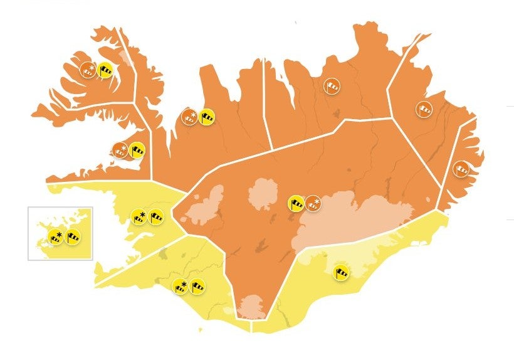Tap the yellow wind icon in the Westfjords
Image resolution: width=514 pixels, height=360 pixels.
click(107, 72)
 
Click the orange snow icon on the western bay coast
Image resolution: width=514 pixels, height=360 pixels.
click(119, 150)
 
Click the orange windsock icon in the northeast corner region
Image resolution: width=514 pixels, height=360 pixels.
click(424, 110)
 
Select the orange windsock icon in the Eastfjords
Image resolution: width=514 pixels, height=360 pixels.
click(461, 169)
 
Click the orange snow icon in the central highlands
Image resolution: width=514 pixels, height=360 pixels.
click(313, 203)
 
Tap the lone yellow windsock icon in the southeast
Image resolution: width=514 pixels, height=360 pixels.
click(342, 272)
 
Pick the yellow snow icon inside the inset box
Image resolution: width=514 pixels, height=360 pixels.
click(55, 237)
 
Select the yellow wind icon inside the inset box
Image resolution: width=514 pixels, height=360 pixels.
click(73, 237)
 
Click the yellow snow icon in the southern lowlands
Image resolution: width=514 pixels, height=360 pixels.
click(180, 287)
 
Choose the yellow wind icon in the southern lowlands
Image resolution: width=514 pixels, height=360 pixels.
click(198, 286)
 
